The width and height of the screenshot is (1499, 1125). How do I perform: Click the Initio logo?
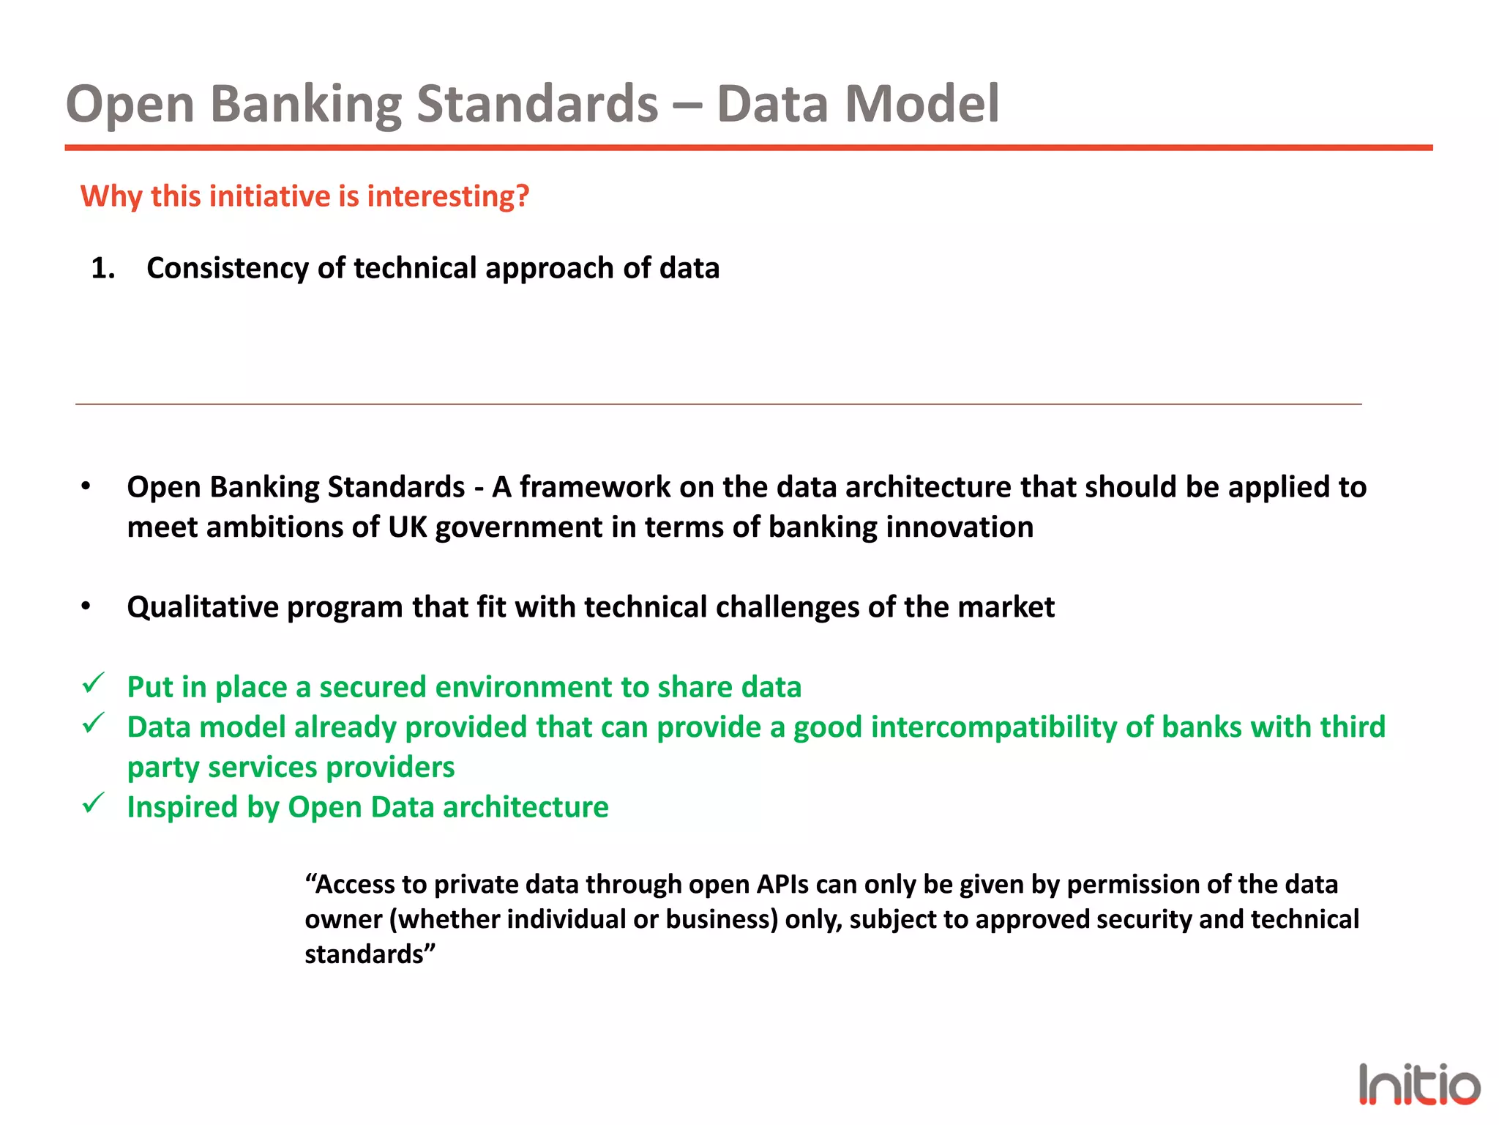click(1418, 1085)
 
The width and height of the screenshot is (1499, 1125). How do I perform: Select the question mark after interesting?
click(522, 196)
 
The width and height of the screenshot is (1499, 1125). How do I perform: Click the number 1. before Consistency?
click(103, 268)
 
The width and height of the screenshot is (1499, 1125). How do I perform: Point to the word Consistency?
click(227, 268)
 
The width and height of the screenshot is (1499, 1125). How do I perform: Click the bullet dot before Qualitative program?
click(86, 606)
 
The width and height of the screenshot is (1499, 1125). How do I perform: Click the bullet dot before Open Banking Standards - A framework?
click(86, 486)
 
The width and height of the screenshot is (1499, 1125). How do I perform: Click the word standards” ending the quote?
click(370, 954)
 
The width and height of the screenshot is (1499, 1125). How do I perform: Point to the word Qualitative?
click(202, 607)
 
